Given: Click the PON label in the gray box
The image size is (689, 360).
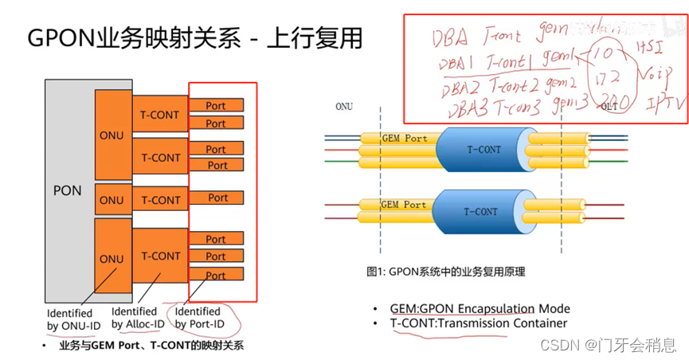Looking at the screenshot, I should [x=67, y=191].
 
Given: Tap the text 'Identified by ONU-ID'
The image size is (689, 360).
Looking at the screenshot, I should [x=69, y=319].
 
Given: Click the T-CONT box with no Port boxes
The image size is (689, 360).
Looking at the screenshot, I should [x=161, y=200].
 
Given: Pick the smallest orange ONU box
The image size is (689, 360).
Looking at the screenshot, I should [x=112, y=200].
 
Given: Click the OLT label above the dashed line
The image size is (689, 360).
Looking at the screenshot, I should [x=609, y=106].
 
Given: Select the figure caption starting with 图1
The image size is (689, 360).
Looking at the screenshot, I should [x=445, y=272].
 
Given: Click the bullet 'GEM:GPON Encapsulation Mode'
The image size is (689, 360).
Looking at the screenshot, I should [x=480, y=308].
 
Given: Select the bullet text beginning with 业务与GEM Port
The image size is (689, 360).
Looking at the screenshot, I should [x=151, y=346].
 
